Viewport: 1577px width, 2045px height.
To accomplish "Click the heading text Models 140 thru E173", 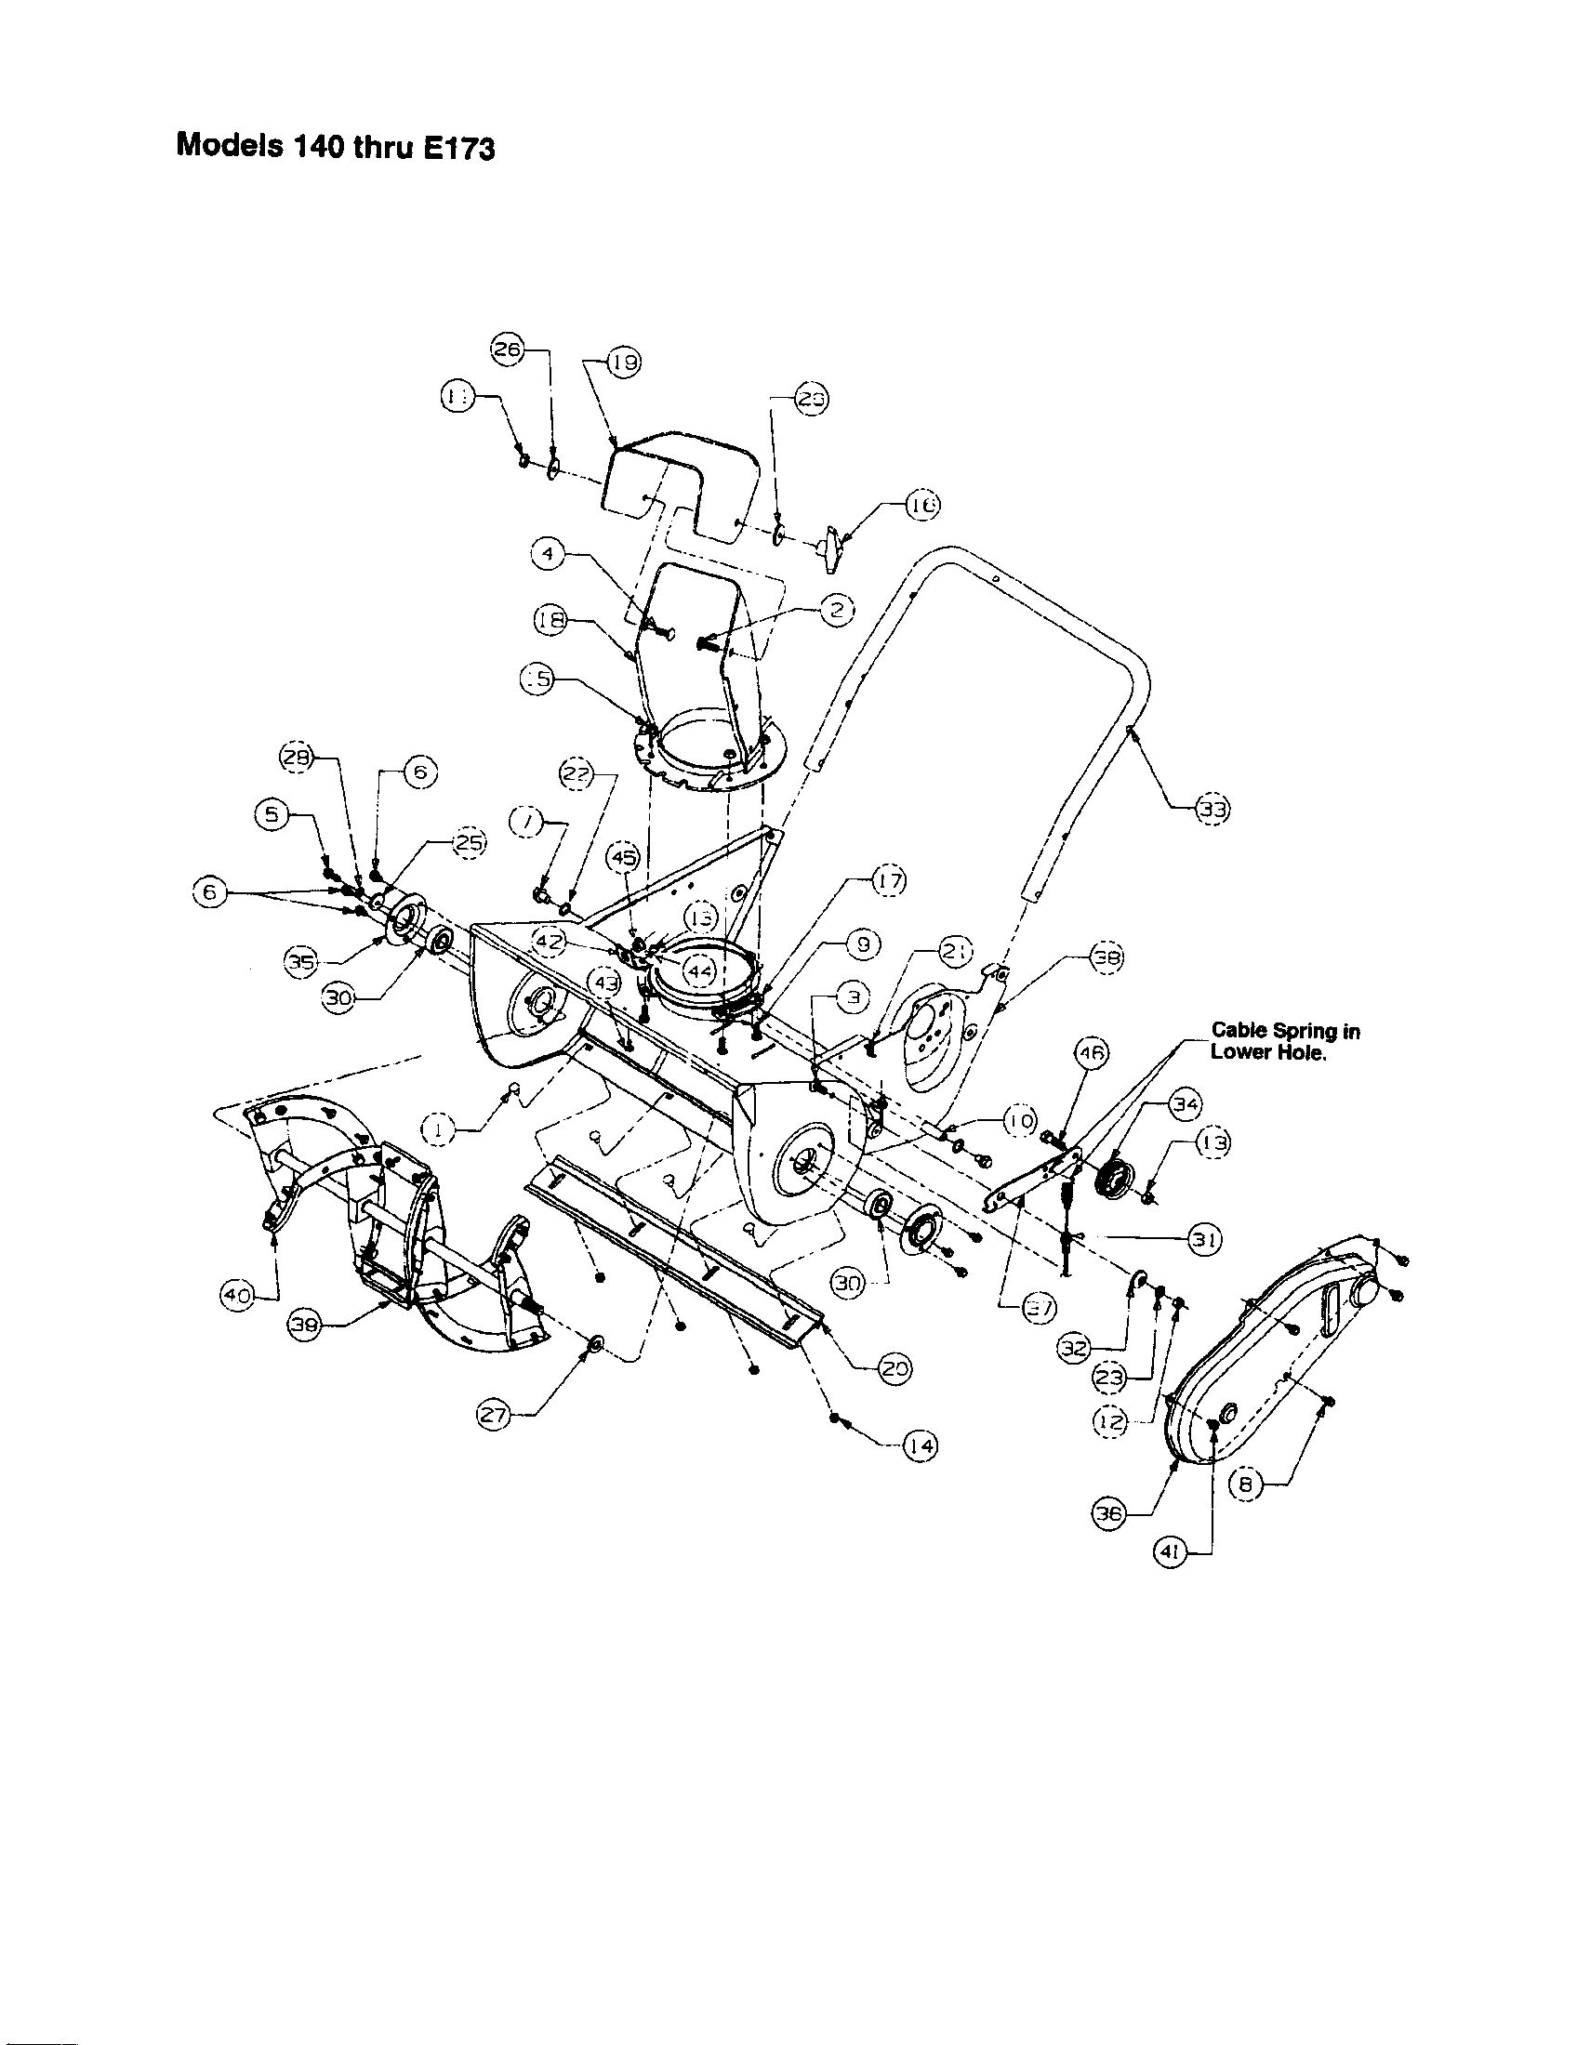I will click(x=336, y=147).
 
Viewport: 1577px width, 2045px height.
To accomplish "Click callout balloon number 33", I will click(x=1213, y=810).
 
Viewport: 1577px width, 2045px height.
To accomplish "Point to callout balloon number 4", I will click(x=547, y=554).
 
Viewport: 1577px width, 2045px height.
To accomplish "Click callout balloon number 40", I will click(x=232, y=1295).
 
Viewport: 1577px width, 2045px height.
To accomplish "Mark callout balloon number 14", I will click(x=921, y=1446).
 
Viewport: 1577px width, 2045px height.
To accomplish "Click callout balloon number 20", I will click(x=895, y=1368).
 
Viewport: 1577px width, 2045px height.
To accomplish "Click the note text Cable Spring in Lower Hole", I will click(x=1285, y=1040).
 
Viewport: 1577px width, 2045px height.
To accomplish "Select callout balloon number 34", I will click(x=1186, y=1105).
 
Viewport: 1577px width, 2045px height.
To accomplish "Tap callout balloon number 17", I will click(x=890, y=881).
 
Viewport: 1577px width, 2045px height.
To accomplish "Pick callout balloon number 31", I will click(x=1203, y=1239).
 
